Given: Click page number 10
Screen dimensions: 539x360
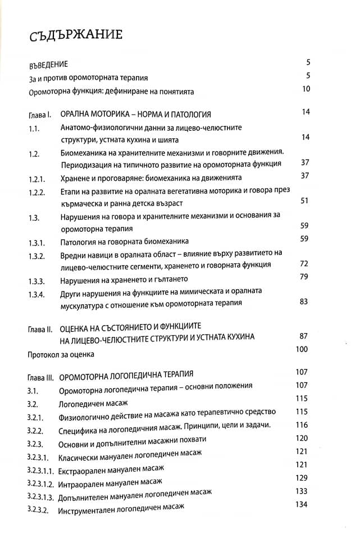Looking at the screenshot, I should click(306, 89).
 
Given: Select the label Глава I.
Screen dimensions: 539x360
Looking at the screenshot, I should click(39, 115).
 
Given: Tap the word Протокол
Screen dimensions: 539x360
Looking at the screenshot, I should click(44, 355).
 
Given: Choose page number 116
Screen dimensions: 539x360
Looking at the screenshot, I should click(302, 425).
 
